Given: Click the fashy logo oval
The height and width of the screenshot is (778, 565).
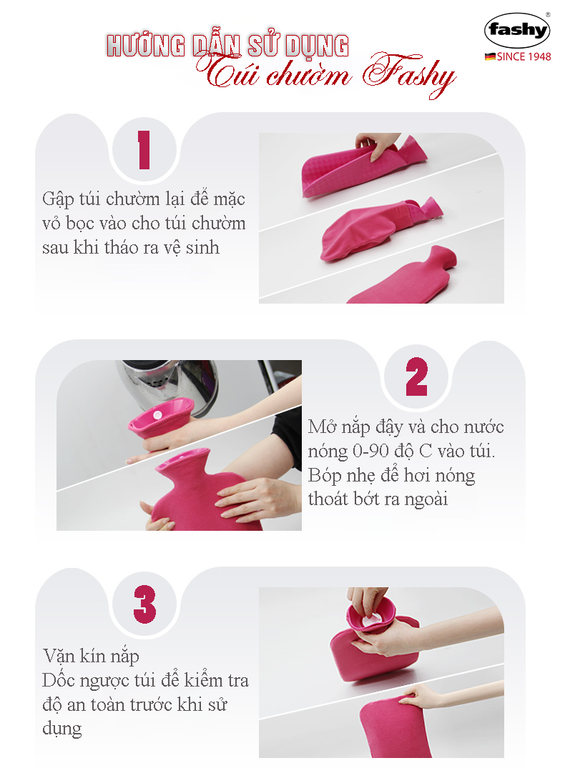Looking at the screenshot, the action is pyautogui.click(x=517, y=30).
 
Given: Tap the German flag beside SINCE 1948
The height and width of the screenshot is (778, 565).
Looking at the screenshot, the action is pyautogui.click(x=490, y=56).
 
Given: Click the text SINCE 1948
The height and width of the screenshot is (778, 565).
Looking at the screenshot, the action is pyautogui.click(x=524, y=56).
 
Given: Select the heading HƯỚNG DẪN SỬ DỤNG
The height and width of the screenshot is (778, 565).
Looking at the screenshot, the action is pyautogui.click(x=227, y=45).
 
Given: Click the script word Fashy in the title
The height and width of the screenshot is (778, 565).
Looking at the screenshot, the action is pyautogui.click(x=408, y=74).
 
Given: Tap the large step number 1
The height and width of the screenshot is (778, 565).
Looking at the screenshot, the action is pyautogui.click(x=144, y=150).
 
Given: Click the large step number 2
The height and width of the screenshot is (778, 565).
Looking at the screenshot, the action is pyautogui.click(x=416, y=376).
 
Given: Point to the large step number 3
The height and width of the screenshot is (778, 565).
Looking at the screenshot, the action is pyautogui.click(x=144, y=604).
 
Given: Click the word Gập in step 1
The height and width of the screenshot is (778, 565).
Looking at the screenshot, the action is pyautogui.click(x=58, y=199).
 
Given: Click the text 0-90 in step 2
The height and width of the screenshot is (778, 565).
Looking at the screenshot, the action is pyautogui.click(x=370, y=451).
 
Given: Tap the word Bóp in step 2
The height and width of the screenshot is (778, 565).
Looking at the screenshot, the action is pyautogui.click(x=325, y=476).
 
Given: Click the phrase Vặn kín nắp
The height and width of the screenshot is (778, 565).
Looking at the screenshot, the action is pyautogui.click(x=91, y=657).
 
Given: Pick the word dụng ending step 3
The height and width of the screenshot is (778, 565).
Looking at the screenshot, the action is pyautogui.click(x=62, y=729).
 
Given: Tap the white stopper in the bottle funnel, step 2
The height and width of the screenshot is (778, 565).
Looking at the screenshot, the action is pyautogui.click(x=157, y=414).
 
